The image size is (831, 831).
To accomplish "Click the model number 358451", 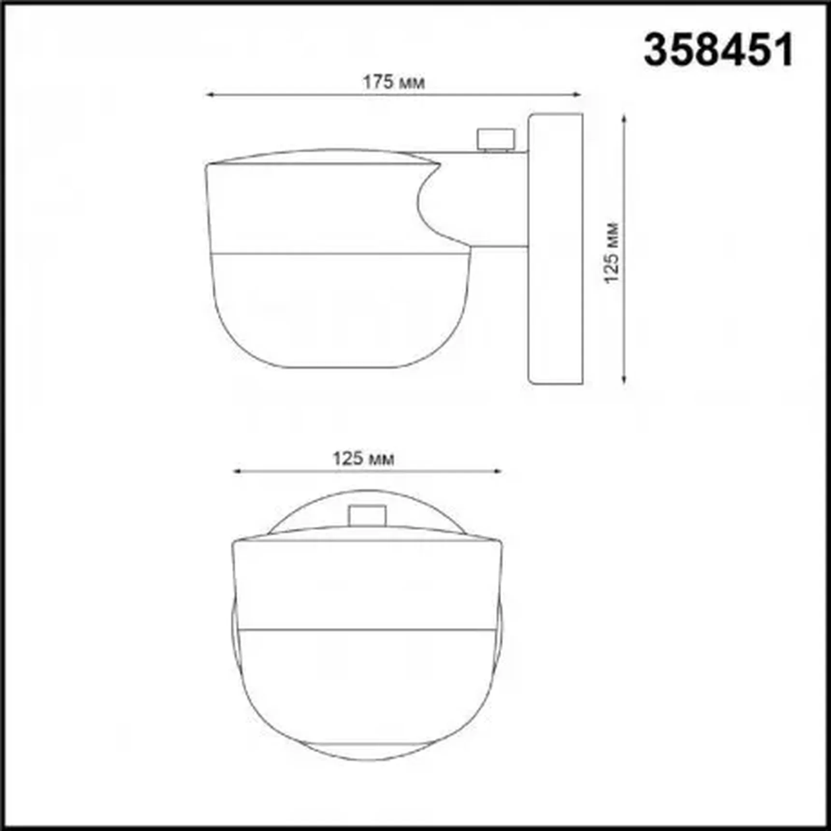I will [718, 50].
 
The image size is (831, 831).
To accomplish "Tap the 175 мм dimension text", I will [394, 83].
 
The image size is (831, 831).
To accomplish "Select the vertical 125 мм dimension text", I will [612, 253].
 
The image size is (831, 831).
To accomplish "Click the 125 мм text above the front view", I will [363, 458].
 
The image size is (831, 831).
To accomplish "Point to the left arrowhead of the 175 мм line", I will [209, 95].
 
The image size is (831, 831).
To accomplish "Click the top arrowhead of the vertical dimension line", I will [624, 119].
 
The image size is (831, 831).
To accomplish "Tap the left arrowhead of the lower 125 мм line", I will [237, 471].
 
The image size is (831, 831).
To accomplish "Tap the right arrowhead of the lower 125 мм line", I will [498, 471].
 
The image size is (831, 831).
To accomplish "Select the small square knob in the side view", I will [496, 139].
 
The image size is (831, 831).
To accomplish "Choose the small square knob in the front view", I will [367, 516].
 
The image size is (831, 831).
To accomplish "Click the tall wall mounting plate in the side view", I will [556, 249].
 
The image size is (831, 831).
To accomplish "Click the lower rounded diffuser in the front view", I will [367, 691].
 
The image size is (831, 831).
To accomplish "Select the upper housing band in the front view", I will [367, 585].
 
